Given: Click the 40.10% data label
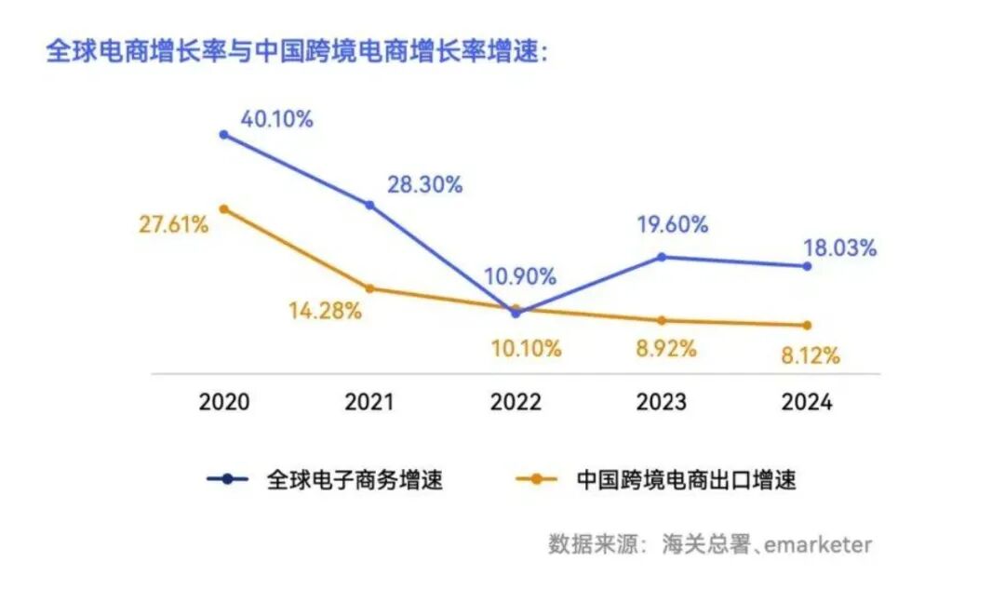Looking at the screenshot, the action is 277,119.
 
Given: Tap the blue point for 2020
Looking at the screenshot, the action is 223,135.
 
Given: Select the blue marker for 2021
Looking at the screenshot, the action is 369,205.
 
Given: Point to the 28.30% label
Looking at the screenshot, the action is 424,184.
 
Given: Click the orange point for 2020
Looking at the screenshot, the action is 223,209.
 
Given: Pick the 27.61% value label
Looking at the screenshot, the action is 174,224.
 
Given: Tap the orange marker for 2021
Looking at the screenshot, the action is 369,288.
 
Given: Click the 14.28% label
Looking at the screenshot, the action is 325,311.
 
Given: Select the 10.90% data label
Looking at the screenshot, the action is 520,276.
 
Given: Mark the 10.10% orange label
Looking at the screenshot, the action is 526,349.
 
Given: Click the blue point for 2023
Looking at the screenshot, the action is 662,257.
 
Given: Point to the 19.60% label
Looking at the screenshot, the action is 673,224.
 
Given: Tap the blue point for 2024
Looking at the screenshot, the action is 807,266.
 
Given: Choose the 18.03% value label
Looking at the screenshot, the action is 839,248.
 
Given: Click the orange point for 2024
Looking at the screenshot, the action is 807,325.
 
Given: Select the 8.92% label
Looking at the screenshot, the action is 666,349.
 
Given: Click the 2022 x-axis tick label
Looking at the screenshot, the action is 516,402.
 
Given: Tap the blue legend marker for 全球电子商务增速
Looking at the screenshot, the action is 228,479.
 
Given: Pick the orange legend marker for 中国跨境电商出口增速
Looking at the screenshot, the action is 537,479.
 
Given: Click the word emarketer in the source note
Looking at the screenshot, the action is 818,544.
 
